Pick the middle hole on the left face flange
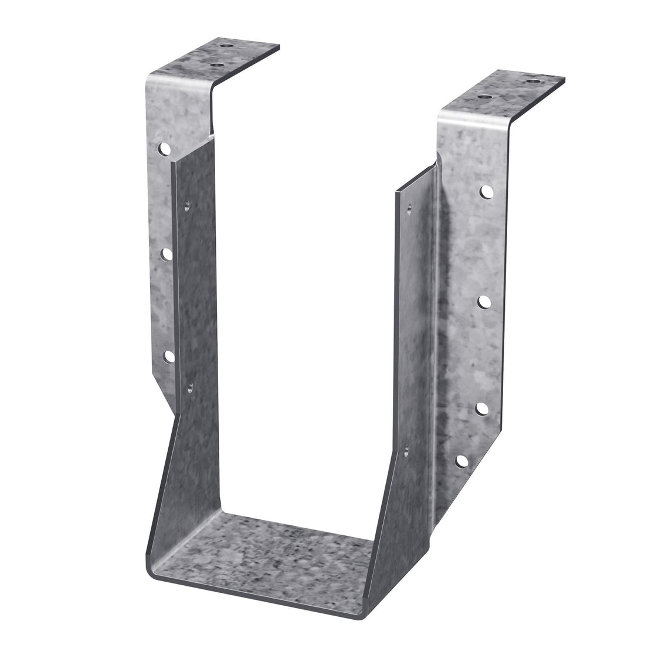pyautogui.click(x=167, y=254)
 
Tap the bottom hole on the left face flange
pyautogui.click(x=168, y=355)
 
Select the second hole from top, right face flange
pyautogui.click(x=484, y=302)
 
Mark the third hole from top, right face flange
pyautogui.click(x=482, y=408)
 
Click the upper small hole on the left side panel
pyautogui.click(x=188, y=205)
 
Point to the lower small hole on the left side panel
pyautogui.click(x=191, y=387)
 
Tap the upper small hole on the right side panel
pyautogui.click(x=409, y=206)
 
